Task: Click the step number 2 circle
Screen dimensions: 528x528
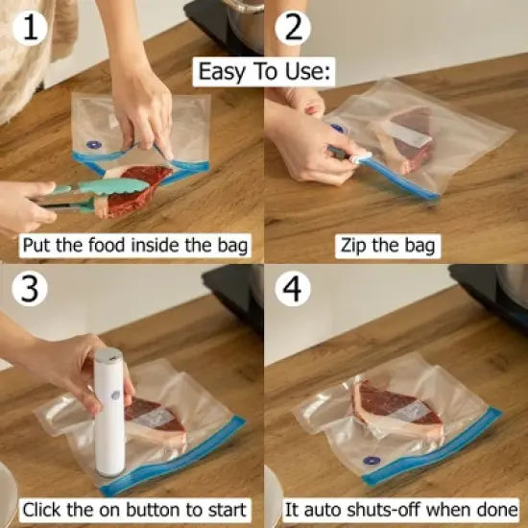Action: (294, 30)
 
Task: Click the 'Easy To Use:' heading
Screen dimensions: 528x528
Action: (264, 72)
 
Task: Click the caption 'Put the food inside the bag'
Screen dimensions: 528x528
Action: (134, 246)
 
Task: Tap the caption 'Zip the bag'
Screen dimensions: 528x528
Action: (388, 246)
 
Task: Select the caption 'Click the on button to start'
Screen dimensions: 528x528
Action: (134, 509)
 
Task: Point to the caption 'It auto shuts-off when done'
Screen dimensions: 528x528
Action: (401, 509)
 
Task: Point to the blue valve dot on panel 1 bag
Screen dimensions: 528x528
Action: (93, 146)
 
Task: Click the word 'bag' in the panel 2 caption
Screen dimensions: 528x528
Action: (419, 247)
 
